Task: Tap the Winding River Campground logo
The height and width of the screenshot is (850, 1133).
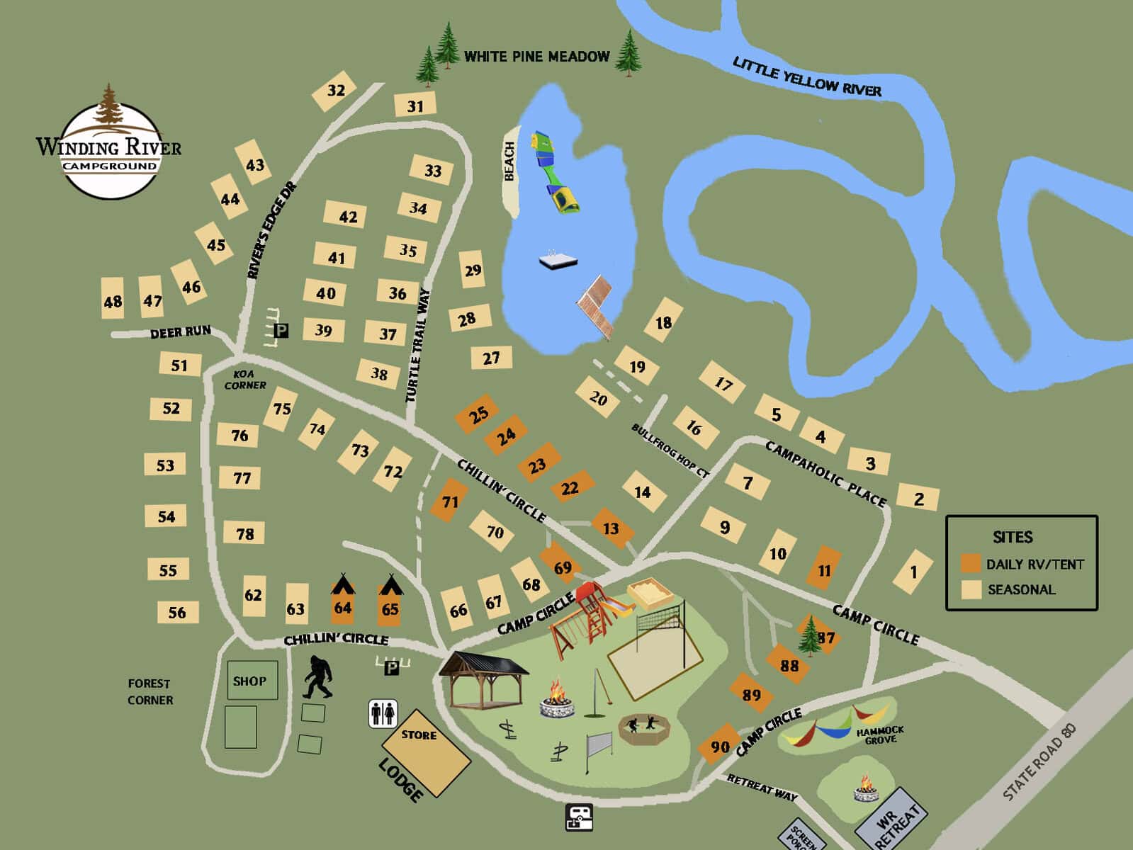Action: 109,146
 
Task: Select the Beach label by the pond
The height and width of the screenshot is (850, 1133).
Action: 509,161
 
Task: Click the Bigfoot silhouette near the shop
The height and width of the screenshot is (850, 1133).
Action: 317,678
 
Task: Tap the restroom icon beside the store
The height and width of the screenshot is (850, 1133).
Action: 383,713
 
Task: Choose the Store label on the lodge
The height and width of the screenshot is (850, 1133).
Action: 419,735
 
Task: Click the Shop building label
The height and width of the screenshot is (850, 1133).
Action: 249,681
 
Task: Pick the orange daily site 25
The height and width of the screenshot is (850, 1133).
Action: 477,414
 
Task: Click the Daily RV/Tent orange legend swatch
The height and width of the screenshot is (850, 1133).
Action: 971,565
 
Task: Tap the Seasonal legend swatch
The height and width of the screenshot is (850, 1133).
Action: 971,589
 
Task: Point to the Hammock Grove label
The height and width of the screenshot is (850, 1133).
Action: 880,735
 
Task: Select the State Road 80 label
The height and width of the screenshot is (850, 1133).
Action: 1039,761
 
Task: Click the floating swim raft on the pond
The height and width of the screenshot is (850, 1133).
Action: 558,261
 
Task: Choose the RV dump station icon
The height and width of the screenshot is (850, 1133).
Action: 578,817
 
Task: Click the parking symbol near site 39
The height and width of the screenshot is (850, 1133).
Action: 281,331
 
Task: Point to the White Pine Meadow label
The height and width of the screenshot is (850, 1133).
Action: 536,57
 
